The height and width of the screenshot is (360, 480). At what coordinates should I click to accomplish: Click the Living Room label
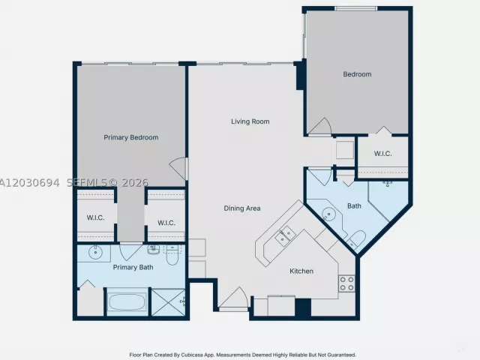point(250,121)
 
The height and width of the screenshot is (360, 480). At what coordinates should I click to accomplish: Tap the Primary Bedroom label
point(131,137)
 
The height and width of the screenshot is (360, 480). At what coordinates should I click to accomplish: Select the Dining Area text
point(242,208)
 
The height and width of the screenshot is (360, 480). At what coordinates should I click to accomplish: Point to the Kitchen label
point(301,271)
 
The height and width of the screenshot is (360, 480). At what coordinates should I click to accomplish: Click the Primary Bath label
point(133,267)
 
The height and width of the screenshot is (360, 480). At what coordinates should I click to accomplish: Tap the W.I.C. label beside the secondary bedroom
point(383,154)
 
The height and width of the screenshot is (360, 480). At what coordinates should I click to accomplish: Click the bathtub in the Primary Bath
point(127,301)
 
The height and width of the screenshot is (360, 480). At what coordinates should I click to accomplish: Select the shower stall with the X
point(168,302)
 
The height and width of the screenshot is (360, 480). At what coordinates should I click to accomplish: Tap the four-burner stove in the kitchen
point(346,283)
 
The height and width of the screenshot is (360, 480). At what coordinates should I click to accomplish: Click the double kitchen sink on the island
point(285,236)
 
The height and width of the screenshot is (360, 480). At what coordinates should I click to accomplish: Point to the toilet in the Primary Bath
point(172,255)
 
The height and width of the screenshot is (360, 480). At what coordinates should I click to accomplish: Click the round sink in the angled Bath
point(328,212)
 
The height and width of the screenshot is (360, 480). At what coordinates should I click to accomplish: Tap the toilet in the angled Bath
point(356,238)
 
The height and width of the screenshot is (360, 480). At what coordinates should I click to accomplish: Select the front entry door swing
point(234,298)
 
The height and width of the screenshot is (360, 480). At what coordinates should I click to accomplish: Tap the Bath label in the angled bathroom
point(354,206)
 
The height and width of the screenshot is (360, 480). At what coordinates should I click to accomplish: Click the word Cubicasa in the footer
point(193,355)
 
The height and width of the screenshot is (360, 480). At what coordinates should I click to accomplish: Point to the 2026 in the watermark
point(135,183)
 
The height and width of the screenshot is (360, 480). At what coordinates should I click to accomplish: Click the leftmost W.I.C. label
point(95,217)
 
